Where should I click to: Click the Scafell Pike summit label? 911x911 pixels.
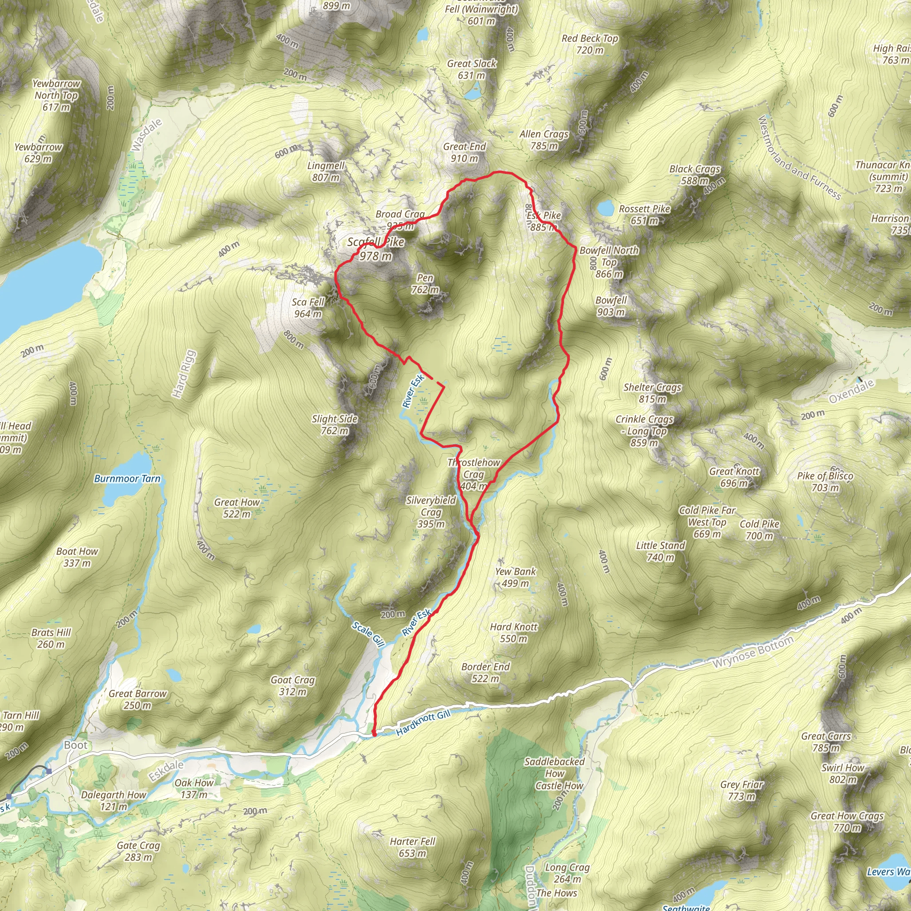click(x=376, y=249)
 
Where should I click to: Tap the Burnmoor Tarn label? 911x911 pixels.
click(x=127, y=479)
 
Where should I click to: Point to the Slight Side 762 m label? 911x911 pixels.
click(x=335, y=424)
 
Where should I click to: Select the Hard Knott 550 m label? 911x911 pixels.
click(x=513, y=633)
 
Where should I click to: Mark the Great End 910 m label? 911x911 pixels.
click(x=464, y=152)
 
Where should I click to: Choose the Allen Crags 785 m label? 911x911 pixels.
click(x=544, y=140)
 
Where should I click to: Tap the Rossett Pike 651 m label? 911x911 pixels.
click(x=644, y=214)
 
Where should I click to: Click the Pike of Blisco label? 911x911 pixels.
click(x=825, y=481)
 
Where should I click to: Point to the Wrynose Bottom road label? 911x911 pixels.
click(x=753, y=652)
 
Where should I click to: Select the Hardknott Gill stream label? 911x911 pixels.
click(x=423, y=723)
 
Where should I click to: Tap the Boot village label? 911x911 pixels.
click(x=76, y=745)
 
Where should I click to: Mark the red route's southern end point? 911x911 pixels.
click(x=374, y=734)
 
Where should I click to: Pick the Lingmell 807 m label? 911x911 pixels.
click(x=326, y=172)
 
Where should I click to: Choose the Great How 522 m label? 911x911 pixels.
click(x=237, y=508)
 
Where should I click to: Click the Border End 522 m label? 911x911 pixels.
click(x=485, y=673)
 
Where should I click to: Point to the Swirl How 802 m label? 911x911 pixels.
click(x=842, y=773)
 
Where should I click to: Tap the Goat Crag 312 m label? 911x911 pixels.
click(x=292, y=685)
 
